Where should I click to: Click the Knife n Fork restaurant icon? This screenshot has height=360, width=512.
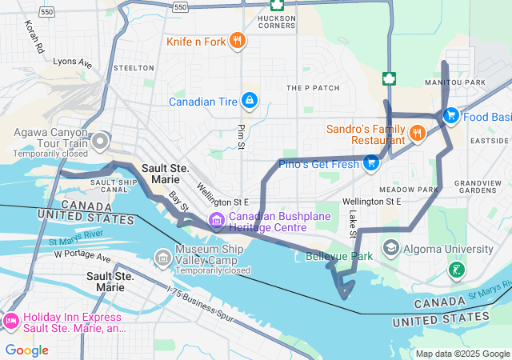coord(237,41)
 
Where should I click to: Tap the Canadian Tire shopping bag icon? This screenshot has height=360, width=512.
coord(250,101)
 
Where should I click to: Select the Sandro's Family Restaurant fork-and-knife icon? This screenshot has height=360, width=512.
coord(416,133)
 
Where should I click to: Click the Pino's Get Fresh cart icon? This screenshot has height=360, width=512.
coord(370,164)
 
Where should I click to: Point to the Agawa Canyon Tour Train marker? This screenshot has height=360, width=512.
coord(100,142)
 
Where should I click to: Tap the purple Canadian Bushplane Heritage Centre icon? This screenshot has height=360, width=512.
coord(216,219)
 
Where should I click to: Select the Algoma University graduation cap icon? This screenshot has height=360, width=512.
coord(390,246)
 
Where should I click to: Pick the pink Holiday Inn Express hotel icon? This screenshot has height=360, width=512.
coord(11,321)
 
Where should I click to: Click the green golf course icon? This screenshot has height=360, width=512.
coord(456,270)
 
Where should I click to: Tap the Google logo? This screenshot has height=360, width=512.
coord(26,350)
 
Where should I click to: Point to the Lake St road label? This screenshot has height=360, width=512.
coord(352,223)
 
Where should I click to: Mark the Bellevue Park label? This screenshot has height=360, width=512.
coord(339,257)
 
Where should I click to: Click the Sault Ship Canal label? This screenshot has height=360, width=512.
coord(109,186)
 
